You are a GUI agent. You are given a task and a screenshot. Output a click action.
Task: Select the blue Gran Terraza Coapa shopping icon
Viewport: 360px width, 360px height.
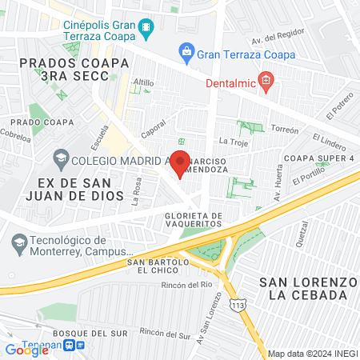(x=186, y=54)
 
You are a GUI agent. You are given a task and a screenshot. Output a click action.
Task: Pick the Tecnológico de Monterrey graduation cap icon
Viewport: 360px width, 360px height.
(x=18, y=240)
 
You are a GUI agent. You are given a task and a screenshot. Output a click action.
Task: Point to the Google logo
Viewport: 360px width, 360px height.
(x=27, y=349)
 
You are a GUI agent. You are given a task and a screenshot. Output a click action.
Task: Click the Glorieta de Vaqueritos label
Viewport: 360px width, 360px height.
(x=193, y=220)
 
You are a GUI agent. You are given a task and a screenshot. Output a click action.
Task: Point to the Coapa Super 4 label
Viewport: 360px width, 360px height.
(x=322, y=157)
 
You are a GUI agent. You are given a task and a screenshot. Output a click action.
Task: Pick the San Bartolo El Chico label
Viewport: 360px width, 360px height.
(x=157, y=266)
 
